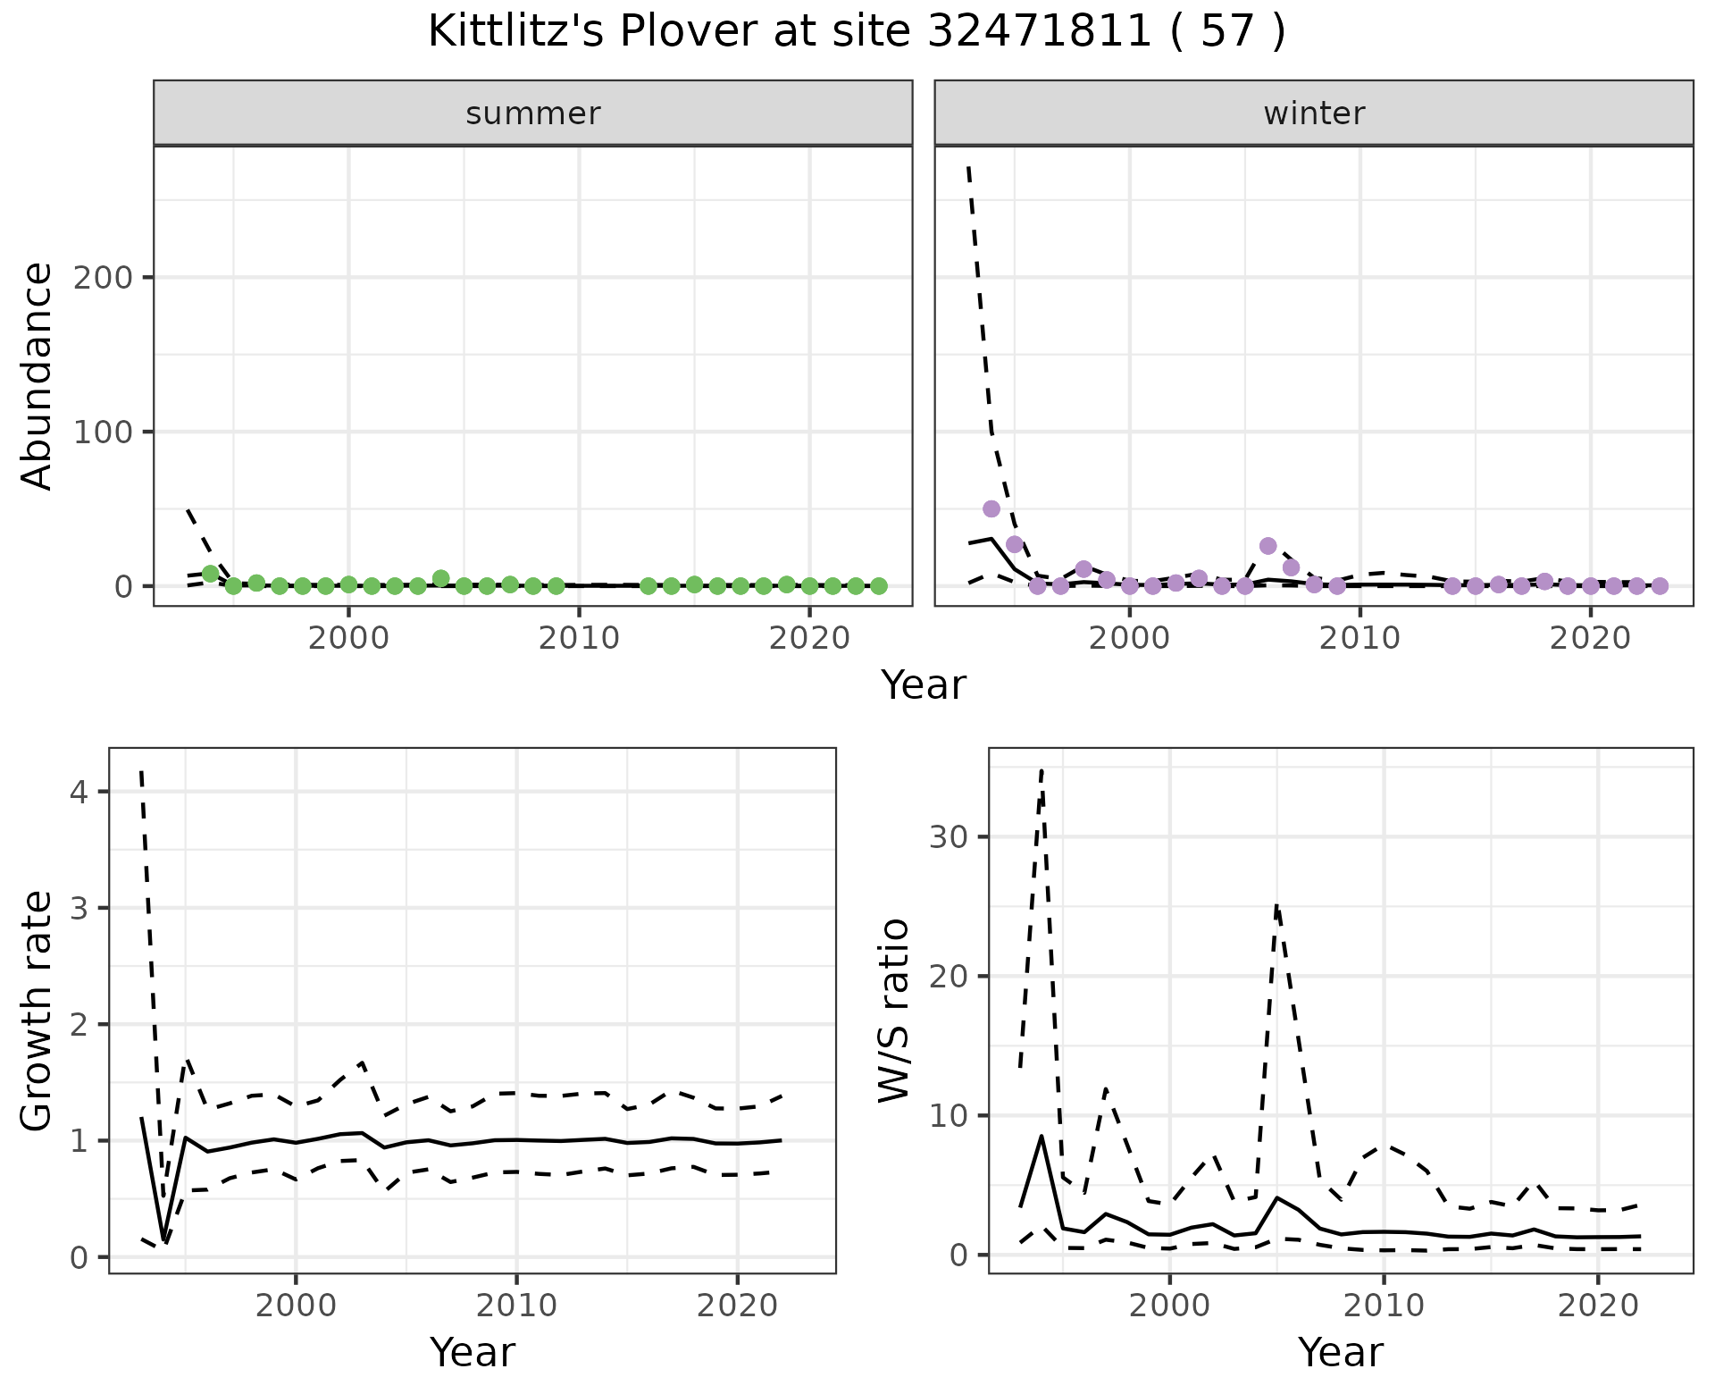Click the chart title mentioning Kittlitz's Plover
coord(857,32)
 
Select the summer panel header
coord(533,113)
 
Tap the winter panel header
coord(1314,113)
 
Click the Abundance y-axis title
coord(37,376)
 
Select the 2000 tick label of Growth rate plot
coord(296,1306)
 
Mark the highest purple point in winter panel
coord(991,508)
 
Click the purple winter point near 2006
coord(1267,546)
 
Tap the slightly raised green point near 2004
coord(440,578)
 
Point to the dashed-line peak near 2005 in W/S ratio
coord(1277,905)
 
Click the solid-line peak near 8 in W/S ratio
coord(1042,1136)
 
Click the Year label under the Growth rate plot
coord(473,1352)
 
